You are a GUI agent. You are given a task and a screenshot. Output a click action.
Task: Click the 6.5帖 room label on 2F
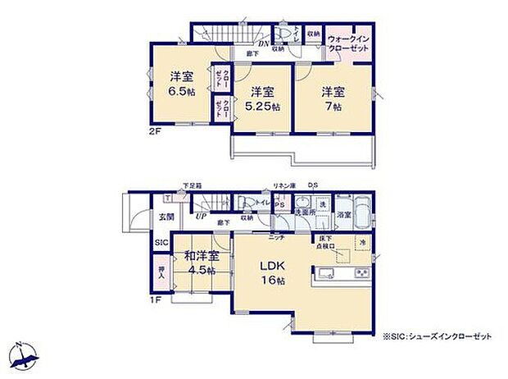[x=182, y=84]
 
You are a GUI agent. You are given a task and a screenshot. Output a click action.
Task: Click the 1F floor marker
[x=154, y=299]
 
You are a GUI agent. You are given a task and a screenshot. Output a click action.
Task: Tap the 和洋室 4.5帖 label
[x=200, y=262]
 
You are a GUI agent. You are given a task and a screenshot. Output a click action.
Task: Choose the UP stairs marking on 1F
[x=200, y=217]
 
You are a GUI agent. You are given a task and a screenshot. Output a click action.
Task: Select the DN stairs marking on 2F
[x=265, y=43]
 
